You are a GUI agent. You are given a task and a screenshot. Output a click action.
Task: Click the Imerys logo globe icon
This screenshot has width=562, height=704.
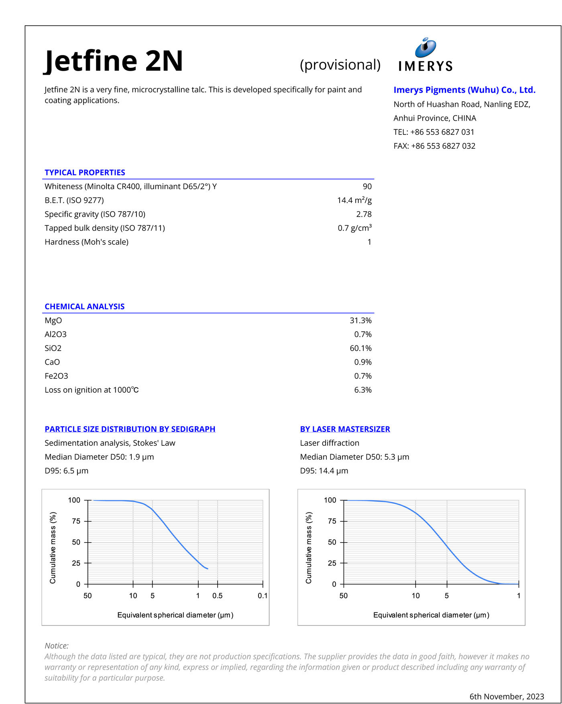[426, 47]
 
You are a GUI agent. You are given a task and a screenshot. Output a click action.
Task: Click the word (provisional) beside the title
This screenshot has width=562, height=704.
[340, 65]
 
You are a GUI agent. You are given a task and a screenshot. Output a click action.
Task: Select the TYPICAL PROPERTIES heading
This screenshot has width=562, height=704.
[85, 173]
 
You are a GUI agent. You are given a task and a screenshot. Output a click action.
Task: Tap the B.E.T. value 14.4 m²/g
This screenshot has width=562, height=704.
[354, 200]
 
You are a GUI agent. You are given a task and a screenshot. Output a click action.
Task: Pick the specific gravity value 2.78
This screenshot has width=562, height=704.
[364, 214]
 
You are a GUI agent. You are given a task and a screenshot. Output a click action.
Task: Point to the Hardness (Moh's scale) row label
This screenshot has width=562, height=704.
[86, 242]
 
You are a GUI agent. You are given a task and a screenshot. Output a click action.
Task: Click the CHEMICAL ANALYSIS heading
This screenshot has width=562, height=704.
[84, 306]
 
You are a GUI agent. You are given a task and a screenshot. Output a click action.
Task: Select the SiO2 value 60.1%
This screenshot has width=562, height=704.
[360, 348]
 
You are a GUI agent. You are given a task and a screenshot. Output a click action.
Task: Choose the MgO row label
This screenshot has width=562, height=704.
[53, 320]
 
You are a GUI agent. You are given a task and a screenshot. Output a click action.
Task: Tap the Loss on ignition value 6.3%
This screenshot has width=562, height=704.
[362, 390]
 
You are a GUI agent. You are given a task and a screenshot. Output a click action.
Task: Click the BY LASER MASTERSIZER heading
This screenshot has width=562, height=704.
[345, 429]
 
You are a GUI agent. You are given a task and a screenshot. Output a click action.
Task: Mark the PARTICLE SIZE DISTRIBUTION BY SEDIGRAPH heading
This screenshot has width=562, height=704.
[130, 429]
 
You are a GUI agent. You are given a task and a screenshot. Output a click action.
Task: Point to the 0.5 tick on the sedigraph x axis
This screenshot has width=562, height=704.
[217, 596]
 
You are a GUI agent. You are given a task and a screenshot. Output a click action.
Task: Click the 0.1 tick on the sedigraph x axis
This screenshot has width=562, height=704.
[263, 596]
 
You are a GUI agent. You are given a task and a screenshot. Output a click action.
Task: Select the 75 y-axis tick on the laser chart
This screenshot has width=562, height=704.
[332, 521]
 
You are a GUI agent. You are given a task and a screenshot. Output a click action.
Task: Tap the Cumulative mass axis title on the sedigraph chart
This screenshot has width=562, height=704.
[53, 547]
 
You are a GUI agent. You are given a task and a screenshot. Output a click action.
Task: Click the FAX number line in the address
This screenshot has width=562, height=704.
[434, 146]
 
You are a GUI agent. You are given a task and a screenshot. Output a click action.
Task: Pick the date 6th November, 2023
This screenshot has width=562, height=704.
[507, 696]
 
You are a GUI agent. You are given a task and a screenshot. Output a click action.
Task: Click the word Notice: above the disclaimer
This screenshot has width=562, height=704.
[57, 646]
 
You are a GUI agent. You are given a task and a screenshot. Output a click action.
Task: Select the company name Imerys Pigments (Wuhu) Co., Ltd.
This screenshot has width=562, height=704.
[464, 90]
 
